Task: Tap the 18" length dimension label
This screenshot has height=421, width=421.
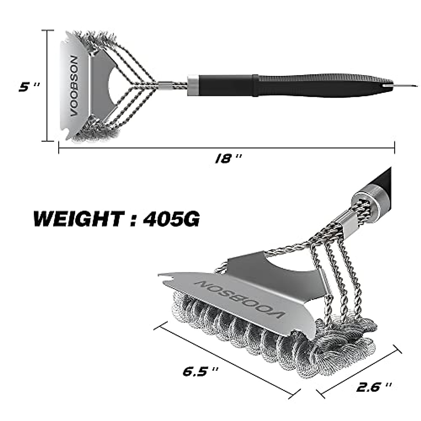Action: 228,159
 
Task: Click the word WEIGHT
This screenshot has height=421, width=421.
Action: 78,219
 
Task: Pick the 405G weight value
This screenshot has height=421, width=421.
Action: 171,219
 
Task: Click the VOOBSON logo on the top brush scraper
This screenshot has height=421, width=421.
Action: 74,86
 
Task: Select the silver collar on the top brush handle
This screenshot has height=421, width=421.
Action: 193,85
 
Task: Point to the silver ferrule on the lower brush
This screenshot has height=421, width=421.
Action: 367,199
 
